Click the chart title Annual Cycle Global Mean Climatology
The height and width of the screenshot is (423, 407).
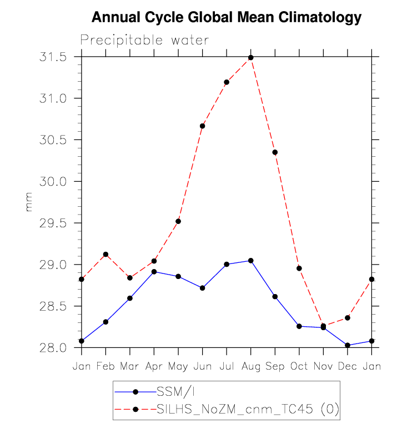[x=226, y=17]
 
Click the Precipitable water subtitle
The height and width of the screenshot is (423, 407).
[x=144, y=40]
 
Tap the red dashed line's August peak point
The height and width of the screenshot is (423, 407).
[x=250, y=57]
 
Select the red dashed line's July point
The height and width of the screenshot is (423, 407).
[x=227, y=82]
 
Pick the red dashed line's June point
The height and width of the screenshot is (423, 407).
[x=203, y=126]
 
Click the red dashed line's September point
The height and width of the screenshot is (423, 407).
[x=275, y=152]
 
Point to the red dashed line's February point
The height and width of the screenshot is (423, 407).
[x=105, y=255]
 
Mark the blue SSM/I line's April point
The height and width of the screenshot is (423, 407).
[x=154, y=272]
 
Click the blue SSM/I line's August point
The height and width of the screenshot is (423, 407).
[x=250, y=261]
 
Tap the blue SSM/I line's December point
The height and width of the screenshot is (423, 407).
[x=348, y=345]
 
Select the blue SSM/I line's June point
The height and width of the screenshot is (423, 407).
[x=203, y=288]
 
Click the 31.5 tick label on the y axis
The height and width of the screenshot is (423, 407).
[x=54, y=57]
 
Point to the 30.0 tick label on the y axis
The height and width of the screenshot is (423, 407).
[x=54, y=182]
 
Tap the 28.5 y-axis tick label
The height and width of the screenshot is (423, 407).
[x=54, y=306]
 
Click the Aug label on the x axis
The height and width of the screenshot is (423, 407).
[x=250, y=367]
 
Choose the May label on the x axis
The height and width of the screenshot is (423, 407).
[x=178, y=367]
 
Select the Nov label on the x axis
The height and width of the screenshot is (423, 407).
[x=323, y=367]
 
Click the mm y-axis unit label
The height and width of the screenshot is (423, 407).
[x=28, y=202]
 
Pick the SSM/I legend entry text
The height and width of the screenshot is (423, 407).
[x=174, y=391]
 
